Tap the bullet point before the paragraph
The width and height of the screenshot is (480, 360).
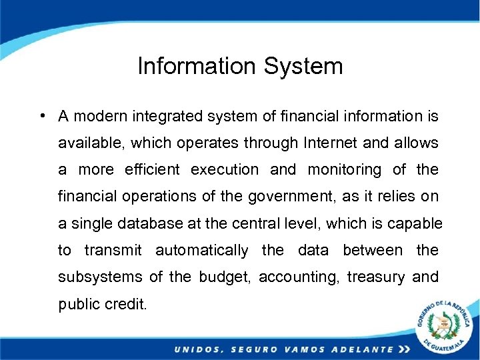pos(42,115)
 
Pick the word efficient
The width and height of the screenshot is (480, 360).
pos(152,170)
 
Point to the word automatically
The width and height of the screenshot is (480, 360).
pos(201,251)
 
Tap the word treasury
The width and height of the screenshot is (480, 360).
pos(376,277)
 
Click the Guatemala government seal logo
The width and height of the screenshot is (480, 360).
pos(442,326)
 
